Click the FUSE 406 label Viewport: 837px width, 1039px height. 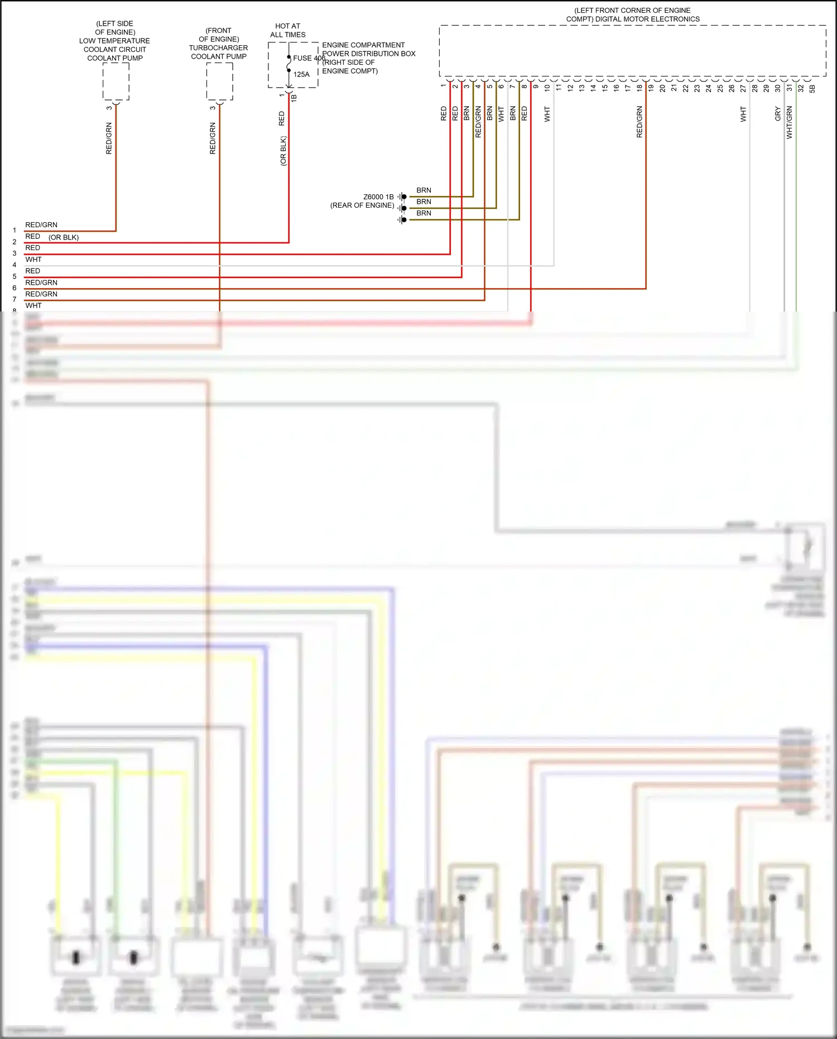pos(309,58)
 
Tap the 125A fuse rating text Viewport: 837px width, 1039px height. pos(301,74)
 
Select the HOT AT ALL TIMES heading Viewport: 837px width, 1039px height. pos(287,30)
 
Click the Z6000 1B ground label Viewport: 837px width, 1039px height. pos(378,197)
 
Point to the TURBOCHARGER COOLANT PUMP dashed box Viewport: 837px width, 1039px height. pos(219,82)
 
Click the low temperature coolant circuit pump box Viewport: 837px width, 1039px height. pos(116,82)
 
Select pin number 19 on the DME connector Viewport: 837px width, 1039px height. pos(651,88)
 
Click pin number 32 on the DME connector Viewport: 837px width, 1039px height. pos(801,88)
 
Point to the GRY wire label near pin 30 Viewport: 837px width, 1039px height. pos(777,114)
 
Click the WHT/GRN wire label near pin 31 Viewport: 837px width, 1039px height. pos(789,122)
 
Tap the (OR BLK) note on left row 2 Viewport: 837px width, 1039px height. pos(64,237)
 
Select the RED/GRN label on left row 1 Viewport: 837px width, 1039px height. pos(41,225)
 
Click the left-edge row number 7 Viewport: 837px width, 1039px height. pos(15,300)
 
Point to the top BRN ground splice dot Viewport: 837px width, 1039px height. pos(404,197)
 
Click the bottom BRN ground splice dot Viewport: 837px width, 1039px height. pos(404,220)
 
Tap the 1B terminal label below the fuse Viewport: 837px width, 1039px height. pos(294,98)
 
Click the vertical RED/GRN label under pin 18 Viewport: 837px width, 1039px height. pos(639,122)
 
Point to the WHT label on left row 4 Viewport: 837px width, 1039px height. pos(33,260)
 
